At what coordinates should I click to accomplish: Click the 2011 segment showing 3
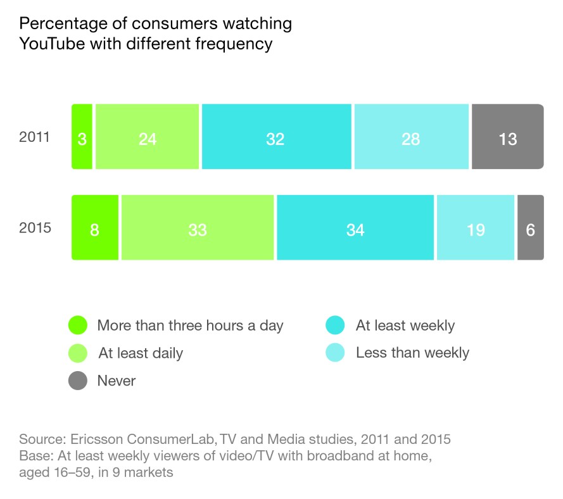[x=82, y=137]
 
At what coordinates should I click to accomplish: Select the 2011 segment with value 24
[x=148, y=137]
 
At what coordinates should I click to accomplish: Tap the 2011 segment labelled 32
[x=276, y=137]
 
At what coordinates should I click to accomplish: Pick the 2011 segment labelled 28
[x=412, y=137]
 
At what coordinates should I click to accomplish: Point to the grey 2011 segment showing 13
[x=507, y=137]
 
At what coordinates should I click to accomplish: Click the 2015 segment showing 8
[x=94, y=227]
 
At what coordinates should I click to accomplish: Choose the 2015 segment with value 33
[x=198, y=227]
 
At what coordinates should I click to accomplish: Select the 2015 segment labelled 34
[x=355, y=227]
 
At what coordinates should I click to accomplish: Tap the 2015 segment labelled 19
[x=475, y=227]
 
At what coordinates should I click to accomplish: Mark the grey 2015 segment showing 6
[x=531, y=227]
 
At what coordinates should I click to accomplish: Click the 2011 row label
[x=35, y=137]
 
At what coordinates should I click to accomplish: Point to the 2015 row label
[x=35, y=228]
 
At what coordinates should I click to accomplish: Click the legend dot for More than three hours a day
[x=77, y=325]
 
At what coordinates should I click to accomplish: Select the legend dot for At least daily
[x=77, y=353]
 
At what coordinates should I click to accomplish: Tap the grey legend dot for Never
[x=77, y=381]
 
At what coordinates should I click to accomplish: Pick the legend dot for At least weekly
[x=335, y=325]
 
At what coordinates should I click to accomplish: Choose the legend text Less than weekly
[x=412, y=353]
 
